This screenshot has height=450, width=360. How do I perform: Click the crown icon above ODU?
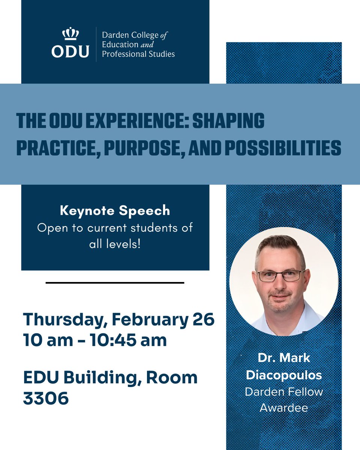point(70,34)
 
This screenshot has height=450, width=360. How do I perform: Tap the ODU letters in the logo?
point(70,51)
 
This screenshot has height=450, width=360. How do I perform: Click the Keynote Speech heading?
point(115,211)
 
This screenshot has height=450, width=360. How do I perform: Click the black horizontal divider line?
point(115,282)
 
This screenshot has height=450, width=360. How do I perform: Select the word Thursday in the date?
point(64,320)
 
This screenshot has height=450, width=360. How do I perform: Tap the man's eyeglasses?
point(281,276)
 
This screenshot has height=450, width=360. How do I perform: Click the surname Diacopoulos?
point(283,375)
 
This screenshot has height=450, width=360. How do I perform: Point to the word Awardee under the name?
point(283,407)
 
